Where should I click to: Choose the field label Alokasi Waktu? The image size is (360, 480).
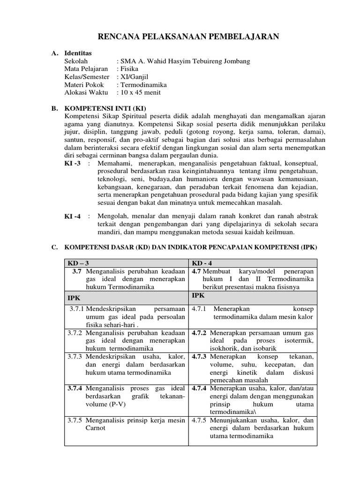tap(86, 93)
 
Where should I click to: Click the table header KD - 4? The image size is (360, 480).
tap(202, 263)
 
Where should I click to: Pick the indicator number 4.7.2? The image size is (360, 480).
tap(200, 332)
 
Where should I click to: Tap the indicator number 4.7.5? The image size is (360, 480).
tap(200, 420)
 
